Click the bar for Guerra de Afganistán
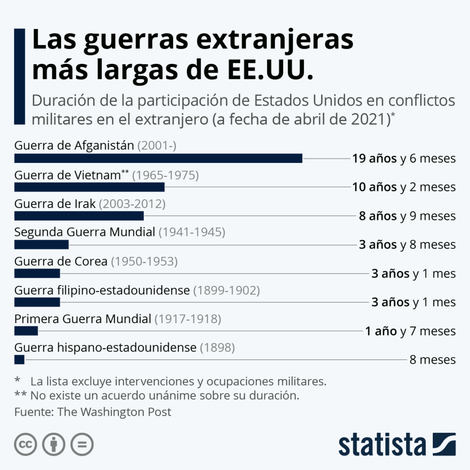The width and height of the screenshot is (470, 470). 158,158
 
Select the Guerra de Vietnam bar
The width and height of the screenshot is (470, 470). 90,187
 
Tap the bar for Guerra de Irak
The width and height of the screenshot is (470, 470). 79,216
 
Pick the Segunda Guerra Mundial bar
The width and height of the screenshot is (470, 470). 41,245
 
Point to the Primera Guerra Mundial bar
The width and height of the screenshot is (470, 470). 26,331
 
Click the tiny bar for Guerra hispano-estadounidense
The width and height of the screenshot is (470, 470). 19,359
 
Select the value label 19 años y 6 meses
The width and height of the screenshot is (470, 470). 404,159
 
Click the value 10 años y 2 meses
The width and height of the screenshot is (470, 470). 404,187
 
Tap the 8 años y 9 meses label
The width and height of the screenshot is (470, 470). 407,216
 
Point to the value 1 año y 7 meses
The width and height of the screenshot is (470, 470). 410,331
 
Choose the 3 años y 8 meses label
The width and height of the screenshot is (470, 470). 407,245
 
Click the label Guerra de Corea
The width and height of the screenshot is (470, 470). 61,261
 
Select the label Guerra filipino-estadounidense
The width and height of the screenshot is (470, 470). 102,290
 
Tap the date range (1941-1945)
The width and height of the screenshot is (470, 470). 192,232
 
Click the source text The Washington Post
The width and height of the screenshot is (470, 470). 114,412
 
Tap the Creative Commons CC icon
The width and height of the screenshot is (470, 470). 26,444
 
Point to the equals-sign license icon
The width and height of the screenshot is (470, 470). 82,444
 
